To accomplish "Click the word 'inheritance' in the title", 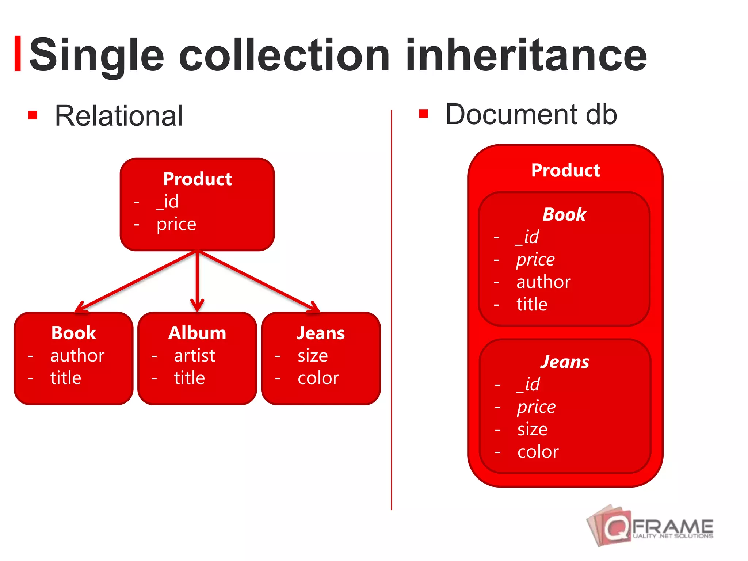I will point(526,56).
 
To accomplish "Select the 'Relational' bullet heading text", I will point(118,116).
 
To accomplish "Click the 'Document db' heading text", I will point(531,115).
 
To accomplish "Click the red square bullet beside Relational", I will point(33,115).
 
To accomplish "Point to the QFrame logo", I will point(650,526).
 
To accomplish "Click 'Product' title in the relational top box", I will point(197,179).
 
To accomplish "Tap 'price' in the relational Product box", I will point(176,224).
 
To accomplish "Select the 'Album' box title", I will point(197,333).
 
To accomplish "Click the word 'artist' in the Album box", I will point(194,355).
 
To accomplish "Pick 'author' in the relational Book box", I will point(77,355).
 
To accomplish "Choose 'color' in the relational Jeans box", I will point(318,378).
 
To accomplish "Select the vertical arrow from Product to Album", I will point(197,281).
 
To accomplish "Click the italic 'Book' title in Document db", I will point(564,214).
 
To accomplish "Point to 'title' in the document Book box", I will point(532,304).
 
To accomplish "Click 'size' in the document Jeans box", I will point(533,429).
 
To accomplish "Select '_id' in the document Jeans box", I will point(528,384).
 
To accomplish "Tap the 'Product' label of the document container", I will point(565,170).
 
